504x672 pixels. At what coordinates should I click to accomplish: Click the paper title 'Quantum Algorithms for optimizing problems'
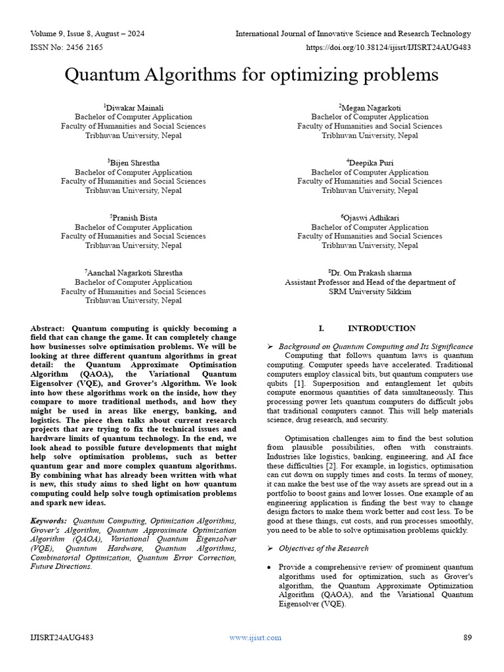[251, 75]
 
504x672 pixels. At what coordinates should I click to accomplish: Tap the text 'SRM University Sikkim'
[370, 291]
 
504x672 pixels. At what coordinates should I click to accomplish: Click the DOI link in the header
[388, 47]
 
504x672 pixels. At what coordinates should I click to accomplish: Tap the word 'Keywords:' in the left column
[49, 520]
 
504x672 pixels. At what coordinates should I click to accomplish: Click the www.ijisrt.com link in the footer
[255, 637]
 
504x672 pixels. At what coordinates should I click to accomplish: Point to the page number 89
[468, 637]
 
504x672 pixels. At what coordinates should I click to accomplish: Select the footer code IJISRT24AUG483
[62, 637]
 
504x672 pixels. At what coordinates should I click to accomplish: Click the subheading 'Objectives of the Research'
[324, 548]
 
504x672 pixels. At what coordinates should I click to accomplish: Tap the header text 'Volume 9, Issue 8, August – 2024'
[88, 33]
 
